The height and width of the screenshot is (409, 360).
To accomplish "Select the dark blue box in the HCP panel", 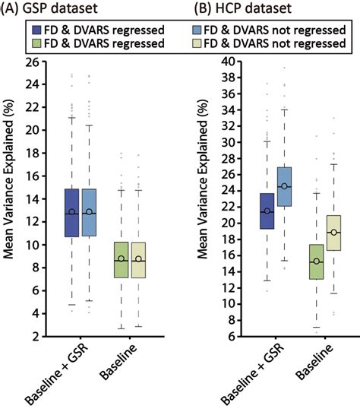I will [x=267, y=211].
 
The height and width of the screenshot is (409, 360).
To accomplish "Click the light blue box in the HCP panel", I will [x=284, y=187].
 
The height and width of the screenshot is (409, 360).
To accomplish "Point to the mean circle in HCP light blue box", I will [x=284, y=186].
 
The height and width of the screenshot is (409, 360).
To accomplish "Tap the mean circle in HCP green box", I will [x=316, y=261].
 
